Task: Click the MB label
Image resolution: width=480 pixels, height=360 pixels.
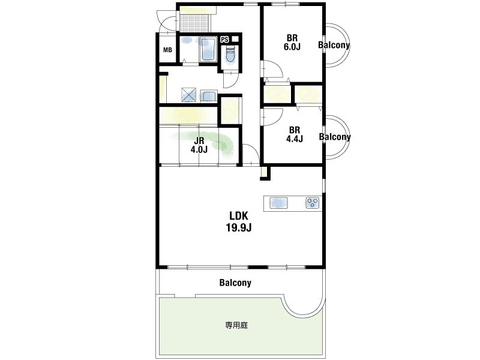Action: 167,50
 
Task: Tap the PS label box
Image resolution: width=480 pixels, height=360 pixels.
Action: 224,40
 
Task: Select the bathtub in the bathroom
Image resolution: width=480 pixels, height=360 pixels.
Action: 208,49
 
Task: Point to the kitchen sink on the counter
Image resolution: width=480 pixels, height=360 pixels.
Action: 278,203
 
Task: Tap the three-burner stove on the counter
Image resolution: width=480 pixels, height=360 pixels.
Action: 312,203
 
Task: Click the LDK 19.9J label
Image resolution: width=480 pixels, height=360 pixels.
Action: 239,221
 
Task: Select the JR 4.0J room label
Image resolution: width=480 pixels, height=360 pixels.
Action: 199,145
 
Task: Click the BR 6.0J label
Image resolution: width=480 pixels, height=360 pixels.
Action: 292,42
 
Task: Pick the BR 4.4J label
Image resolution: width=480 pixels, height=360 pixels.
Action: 294,134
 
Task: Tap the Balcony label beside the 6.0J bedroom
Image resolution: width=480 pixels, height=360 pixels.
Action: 334,45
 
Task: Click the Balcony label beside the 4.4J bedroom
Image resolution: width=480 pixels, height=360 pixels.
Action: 335,137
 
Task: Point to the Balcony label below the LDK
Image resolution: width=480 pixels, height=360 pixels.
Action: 235,283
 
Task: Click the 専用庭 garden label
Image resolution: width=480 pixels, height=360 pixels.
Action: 236,325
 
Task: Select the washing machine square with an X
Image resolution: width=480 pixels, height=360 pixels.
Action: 188,94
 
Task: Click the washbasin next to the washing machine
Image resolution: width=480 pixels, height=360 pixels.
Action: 209,96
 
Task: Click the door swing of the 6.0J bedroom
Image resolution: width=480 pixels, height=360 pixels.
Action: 272,69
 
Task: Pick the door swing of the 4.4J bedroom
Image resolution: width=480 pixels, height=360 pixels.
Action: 272,116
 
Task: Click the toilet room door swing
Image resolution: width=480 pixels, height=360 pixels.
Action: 230,80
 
